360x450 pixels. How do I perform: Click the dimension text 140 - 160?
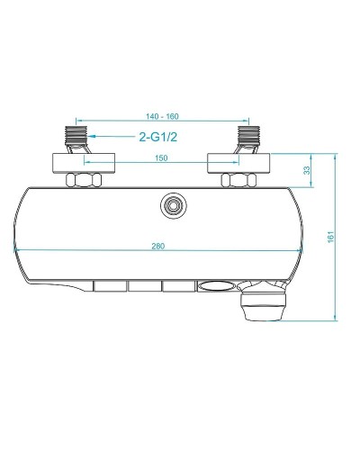[x=163, y=117]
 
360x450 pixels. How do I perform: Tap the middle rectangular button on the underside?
[x=144, y=287]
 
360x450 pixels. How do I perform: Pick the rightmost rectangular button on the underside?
[x=178, y=287]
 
